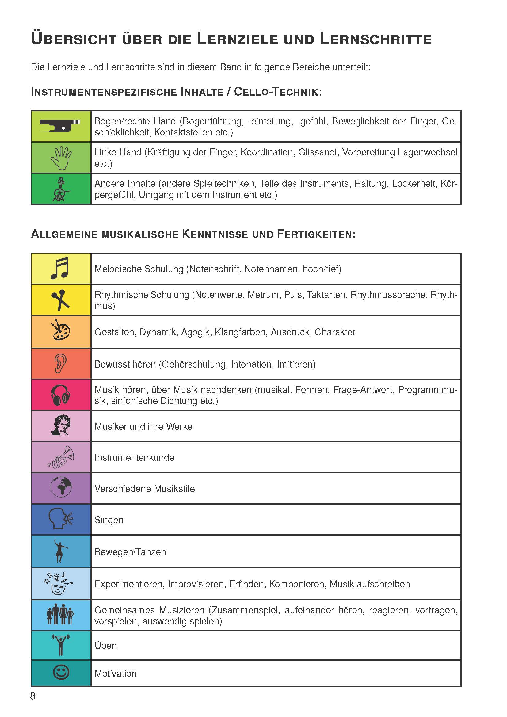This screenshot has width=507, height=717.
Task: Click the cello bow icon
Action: (60, 126)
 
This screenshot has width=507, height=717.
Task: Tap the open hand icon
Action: (61, 158)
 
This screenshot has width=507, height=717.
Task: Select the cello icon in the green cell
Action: (61, 189)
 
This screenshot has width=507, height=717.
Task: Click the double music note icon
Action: (60, 268)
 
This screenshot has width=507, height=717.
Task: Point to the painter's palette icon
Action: (61, 330)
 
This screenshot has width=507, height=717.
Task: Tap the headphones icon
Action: (61, 395)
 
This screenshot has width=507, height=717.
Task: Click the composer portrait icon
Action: (61, 425)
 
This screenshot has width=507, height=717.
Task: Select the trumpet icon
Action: (61, 457)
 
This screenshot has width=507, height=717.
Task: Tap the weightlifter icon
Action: (61, 645)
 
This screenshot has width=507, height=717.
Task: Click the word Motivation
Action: (116, 673)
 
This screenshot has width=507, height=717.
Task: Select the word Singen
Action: (109, 520)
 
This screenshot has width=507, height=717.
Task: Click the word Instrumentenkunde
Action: (134, 457)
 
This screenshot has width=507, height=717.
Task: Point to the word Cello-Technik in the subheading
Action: (277, 92)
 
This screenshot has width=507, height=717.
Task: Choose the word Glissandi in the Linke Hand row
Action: (318, 152)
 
